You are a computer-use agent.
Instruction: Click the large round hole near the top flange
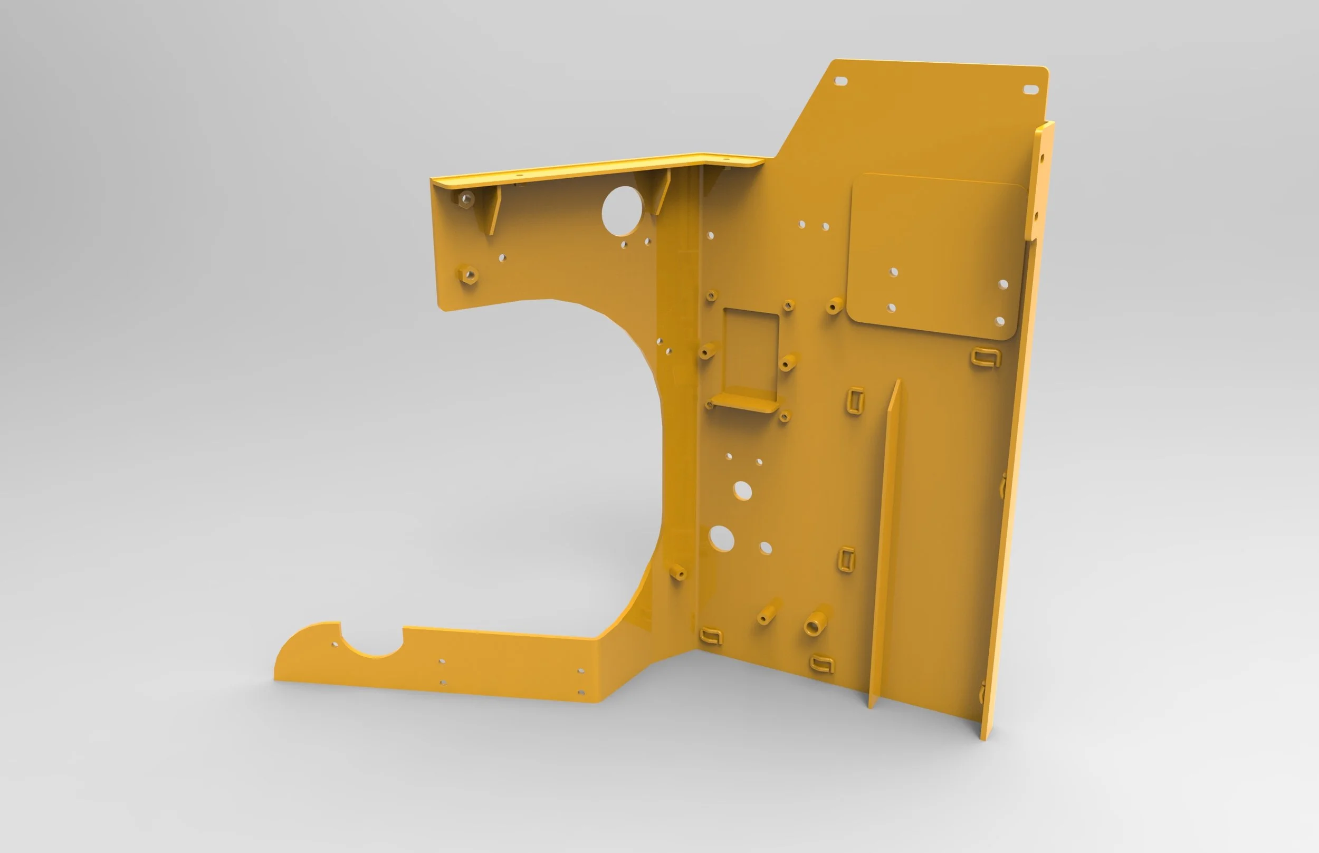[x=622, y=211]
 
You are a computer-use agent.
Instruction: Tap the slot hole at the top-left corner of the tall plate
[x=840, y=81]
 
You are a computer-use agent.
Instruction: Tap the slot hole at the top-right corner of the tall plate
[x=1030, y=89]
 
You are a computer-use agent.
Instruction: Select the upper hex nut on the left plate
[x=466, y=198]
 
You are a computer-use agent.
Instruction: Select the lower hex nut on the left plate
[x=468, y=274]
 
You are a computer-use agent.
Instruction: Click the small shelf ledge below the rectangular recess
[x=745, y=402]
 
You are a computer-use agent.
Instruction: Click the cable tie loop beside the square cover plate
[x=986, y=357]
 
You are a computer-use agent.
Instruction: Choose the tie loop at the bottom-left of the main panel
[x=711, y=636]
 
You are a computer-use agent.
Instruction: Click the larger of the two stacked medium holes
[x=721, y=539]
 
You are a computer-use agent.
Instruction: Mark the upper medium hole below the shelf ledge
[x=742, y=491]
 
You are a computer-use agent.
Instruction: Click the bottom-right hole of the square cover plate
[x=1000, y=321]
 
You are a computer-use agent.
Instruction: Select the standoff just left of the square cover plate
[x=834, y=306]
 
